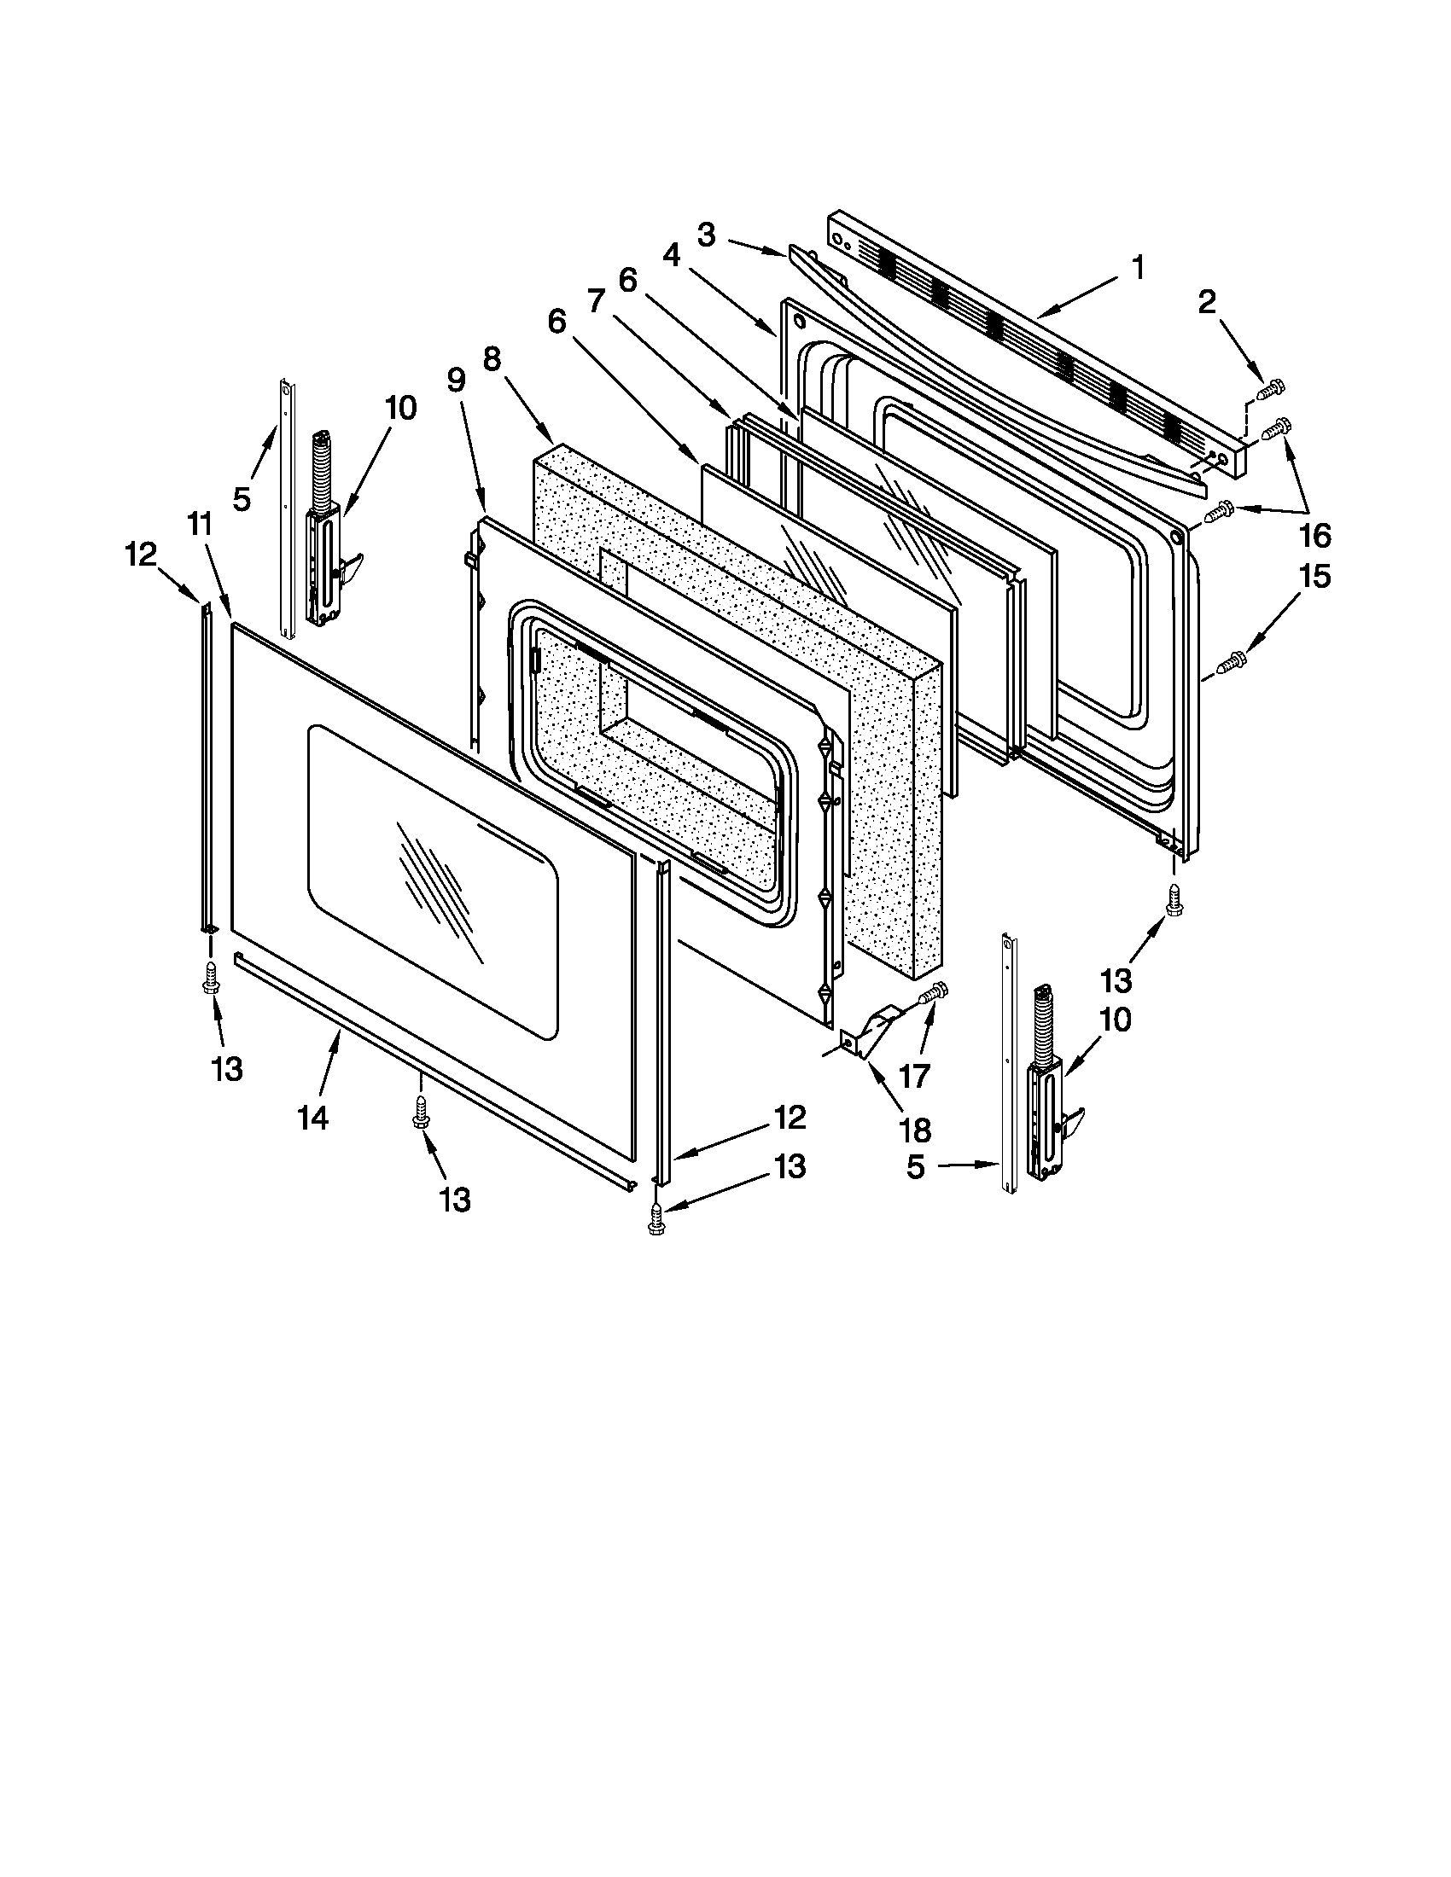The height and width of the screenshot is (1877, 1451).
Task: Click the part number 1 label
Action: (1137, 267)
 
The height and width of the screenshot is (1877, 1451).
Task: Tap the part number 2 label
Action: (1207, 302)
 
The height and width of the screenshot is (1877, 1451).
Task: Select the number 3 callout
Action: (706, 235)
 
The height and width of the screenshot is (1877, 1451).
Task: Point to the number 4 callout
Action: (672, 254)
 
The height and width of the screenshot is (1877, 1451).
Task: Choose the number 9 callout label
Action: (456, 379)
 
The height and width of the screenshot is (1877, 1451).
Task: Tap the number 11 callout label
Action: (200, 523)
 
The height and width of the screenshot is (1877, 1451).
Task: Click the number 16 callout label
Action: (1315, 536)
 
